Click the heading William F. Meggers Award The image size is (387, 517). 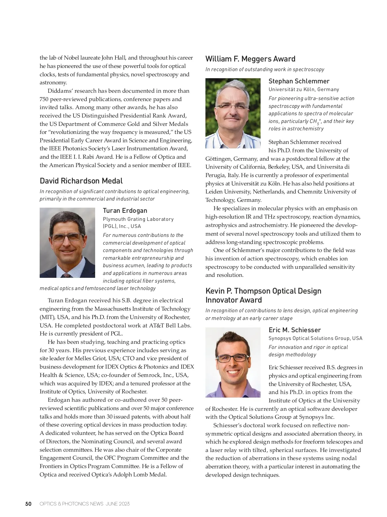pyautogui.click(x=250, y=59)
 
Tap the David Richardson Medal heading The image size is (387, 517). pyautogui.click(x=81, y=181)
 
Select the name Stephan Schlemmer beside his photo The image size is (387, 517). pyautogui.click(x=299, y=81)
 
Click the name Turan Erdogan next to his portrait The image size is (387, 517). pyautogui.click(x=125, y=211)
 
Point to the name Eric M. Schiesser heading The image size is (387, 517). pyautogui.click(x=294, y=330)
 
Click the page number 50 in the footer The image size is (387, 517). pyautogui.click(x=28, y=504)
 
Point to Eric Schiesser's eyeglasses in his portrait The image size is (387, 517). pyautogui.click(x=233, y=358)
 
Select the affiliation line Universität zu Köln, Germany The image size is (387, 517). pyautogui.click(x=304, y=89)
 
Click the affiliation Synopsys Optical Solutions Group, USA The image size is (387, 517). pyautogui.click(x=315, y=338)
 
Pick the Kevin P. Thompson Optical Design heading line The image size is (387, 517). pyautogui.click(x=263, y=291)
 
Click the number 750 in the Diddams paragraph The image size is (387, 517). pyautogui.click(x=44, y=99)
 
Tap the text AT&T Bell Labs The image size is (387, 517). pyautogui.click(x=170, y=325)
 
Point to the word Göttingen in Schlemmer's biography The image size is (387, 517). pyautogui.click(x=218, y=159)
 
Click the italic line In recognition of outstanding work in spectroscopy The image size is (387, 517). pyautogui.click(x=264, y=70)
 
